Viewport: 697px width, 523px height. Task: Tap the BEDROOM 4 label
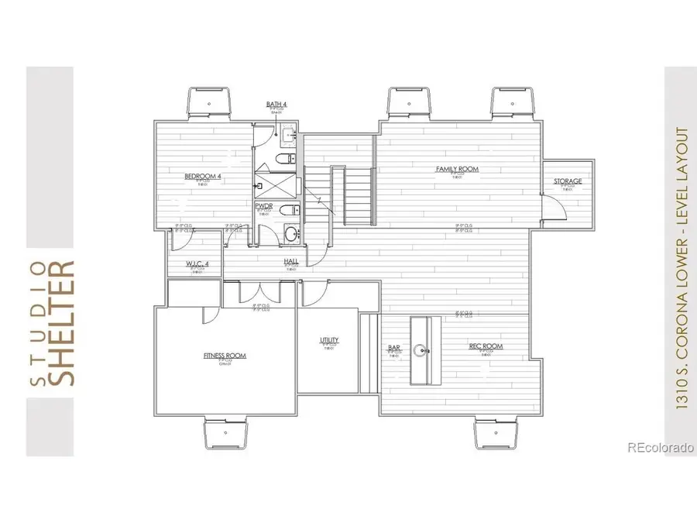[203, 177]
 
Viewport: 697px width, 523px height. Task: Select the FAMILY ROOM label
[456, 169]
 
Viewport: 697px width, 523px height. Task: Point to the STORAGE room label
[567, 181]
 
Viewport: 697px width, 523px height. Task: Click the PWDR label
[263, 206]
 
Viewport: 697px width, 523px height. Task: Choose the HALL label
[291, 261]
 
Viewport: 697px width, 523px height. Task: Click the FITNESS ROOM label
[225, 356]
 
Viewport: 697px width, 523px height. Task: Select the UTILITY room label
[329, 341]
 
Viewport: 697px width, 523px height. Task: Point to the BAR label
[393, 347]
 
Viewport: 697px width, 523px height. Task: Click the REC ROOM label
[486, 346]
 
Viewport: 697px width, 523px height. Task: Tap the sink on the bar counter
[424, 349]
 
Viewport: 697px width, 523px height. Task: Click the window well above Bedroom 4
[208, 103]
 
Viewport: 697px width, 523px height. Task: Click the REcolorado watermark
[660, 447]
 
